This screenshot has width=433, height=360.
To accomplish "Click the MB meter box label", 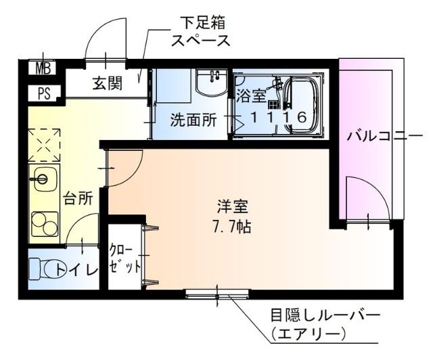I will click(x=43, y=68).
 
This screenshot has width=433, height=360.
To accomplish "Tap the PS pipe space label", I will click(x=43, y=93).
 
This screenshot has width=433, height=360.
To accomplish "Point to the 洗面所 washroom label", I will click(x=193, y=120).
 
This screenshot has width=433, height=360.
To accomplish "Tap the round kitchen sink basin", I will click(x=41, y=179).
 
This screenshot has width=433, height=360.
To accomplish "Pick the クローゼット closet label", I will click(x=125, y=258).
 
